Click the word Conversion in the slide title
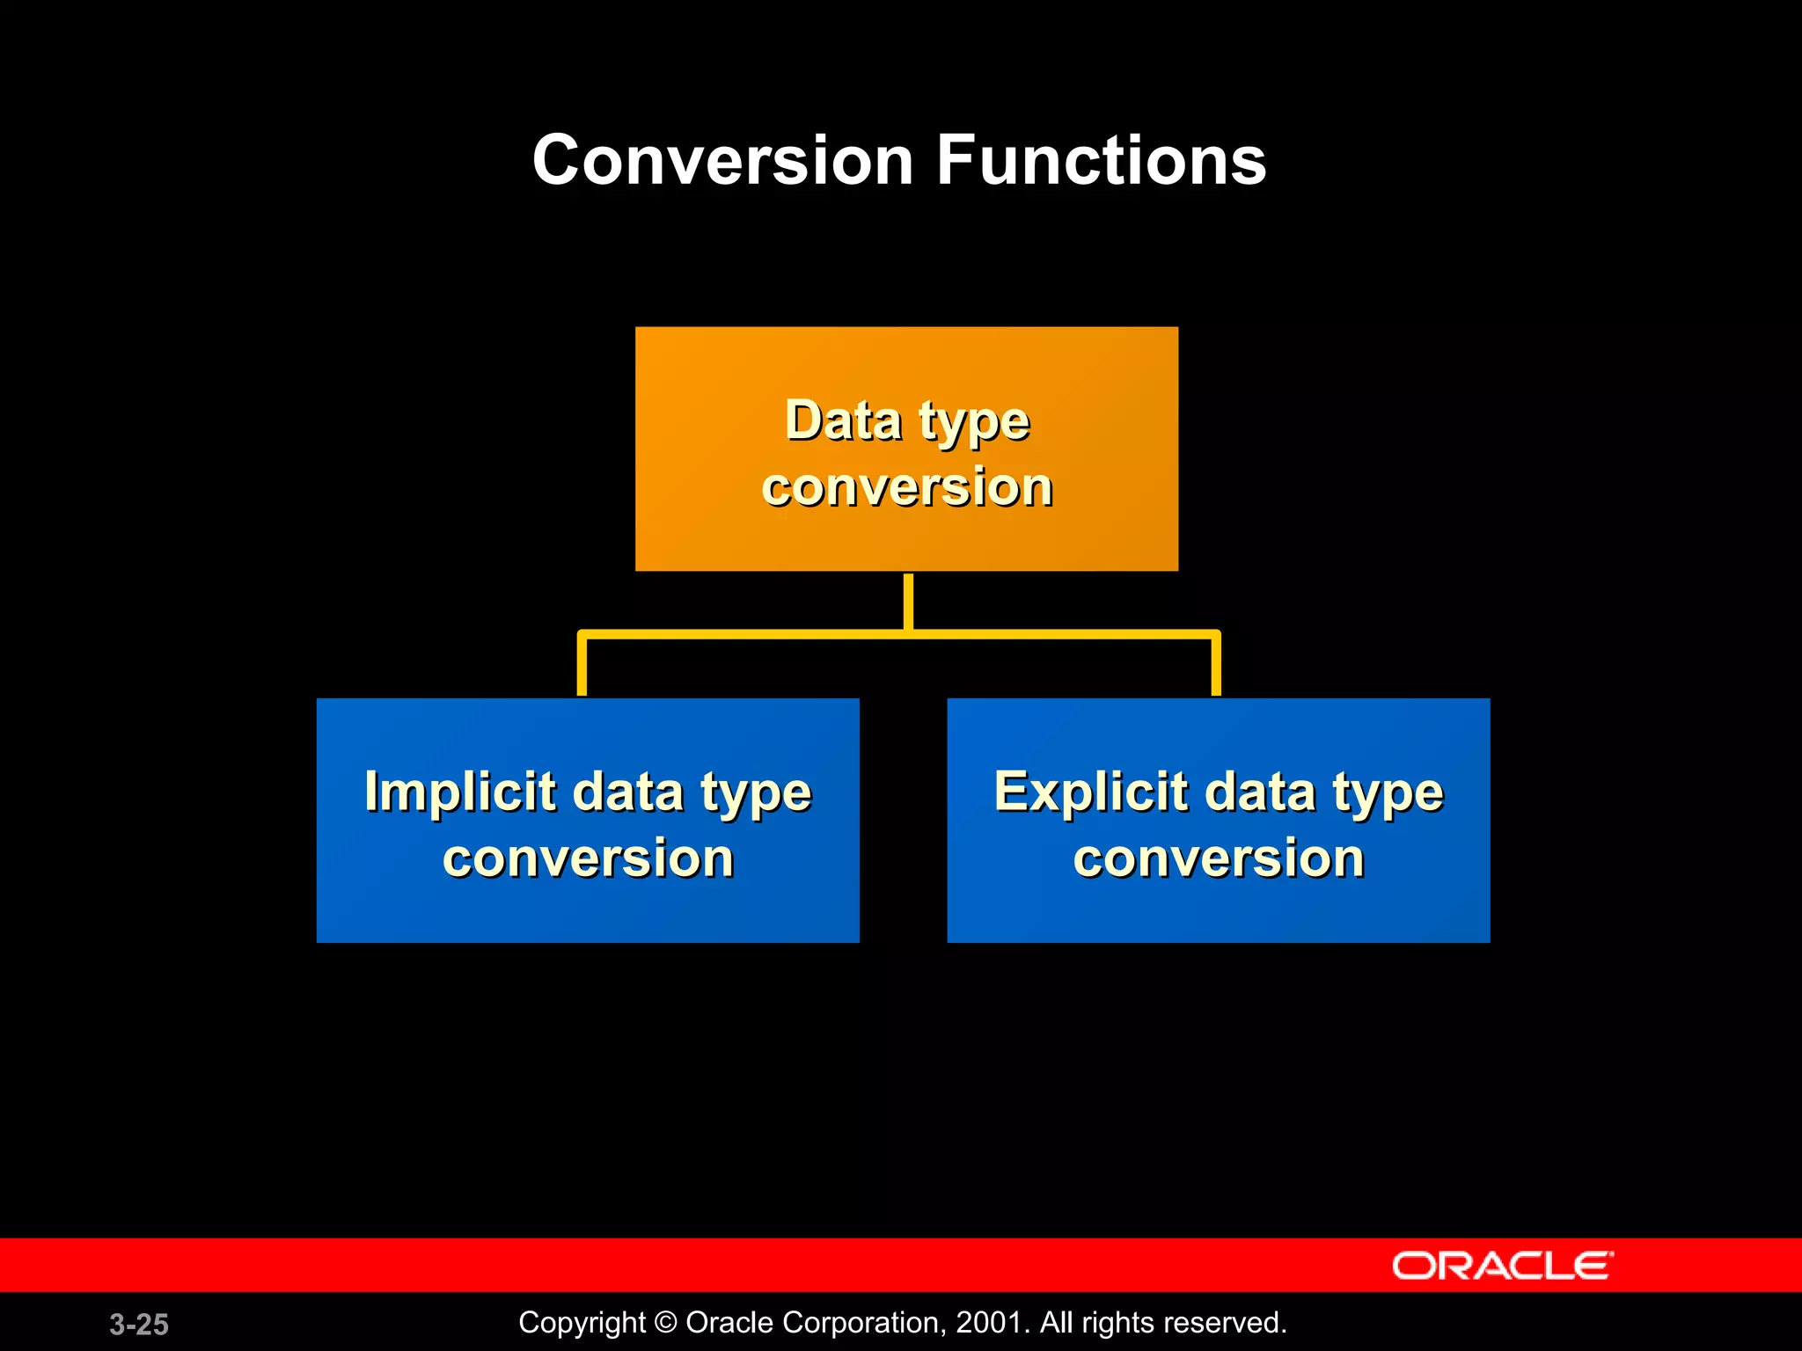point(723,161)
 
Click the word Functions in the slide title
point(1101,161)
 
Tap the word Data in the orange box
point(843,420)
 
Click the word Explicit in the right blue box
point(1090,791)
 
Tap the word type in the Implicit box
point(756,794)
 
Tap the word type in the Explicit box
point(1388,794)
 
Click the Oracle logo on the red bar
point(1502,1266)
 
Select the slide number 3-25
point(139,1324)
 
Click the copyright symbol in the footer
point(666,1323)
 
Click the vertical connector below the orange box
point(908,601)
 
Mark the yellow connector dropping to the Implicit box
point(582,666)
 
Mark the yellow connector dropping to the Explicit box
point(1216,666)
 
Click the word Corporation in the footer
point(856,1323)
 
